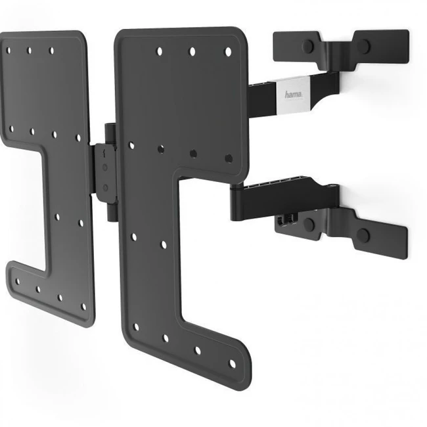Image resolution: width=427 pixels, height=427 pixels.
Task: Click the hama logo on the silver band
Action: [294, 95]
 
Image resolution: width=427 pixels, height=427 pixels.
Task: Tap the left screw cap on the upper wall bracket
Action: [308, 46]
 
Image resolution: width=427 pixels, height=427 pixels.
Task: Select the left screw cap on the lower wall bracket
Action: [309, 224]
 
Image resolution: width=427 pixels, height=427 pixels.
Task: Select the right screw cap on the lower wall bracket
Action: [363, 235]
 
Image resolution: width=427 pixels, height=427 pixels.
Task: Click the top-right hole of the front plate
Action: [228, 52]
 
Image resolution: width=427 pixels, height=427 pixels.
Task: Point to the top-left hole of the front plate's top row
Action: [160, 51]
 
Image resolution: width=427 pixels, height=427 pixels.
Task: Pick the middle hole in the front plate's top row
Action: [192, 51]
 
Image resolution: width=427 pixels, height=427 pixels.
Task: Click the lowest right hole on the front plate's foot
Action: [232, 364]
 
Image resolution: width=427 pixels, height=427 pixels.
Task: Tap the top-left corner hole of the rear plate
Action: [9, 51]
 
